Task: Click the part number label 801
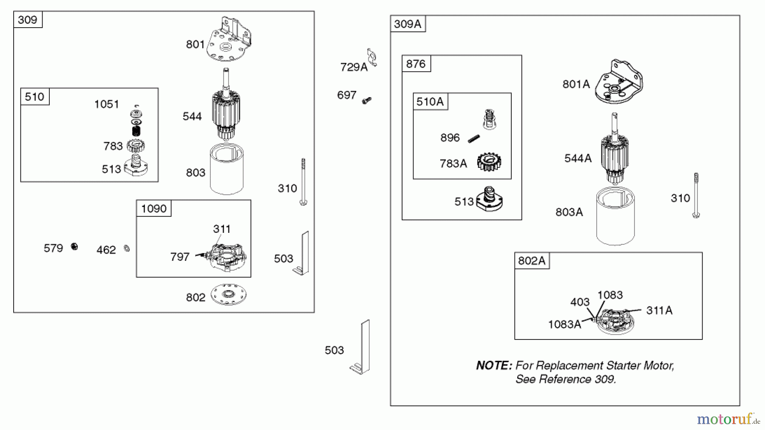click(x=195, y=44)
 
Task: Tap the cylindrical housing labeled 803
click(x=227, y=169)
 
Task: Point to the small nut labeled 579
click(x=74, y=247)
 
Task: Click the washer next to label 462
click(x=127, y=249)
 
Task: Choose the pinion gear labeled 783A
click(x=489, y=162)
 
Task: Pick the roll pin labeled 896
click(x=474, y=139)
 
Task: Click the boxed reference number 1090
click(x=154, y=209)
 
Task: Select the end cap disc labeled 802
click(x=229, y=294)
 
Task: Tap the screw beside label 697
click(x=366, y=101)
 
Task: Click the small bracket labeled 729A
click(x=372, y=57)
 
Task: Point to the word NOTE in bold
click(x=493, y=365)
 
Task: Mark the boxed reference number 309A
click(x=408, y=24)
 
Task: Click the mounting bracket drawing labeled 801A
click(x=619, y=82)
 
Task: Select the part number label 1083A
click(x=564, y=325)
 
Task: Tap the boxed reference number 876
click(x=416, y=64)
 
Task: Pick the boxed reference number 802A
click(x=532, y=261)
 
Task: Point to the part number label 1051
click(x=106, y=104)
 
